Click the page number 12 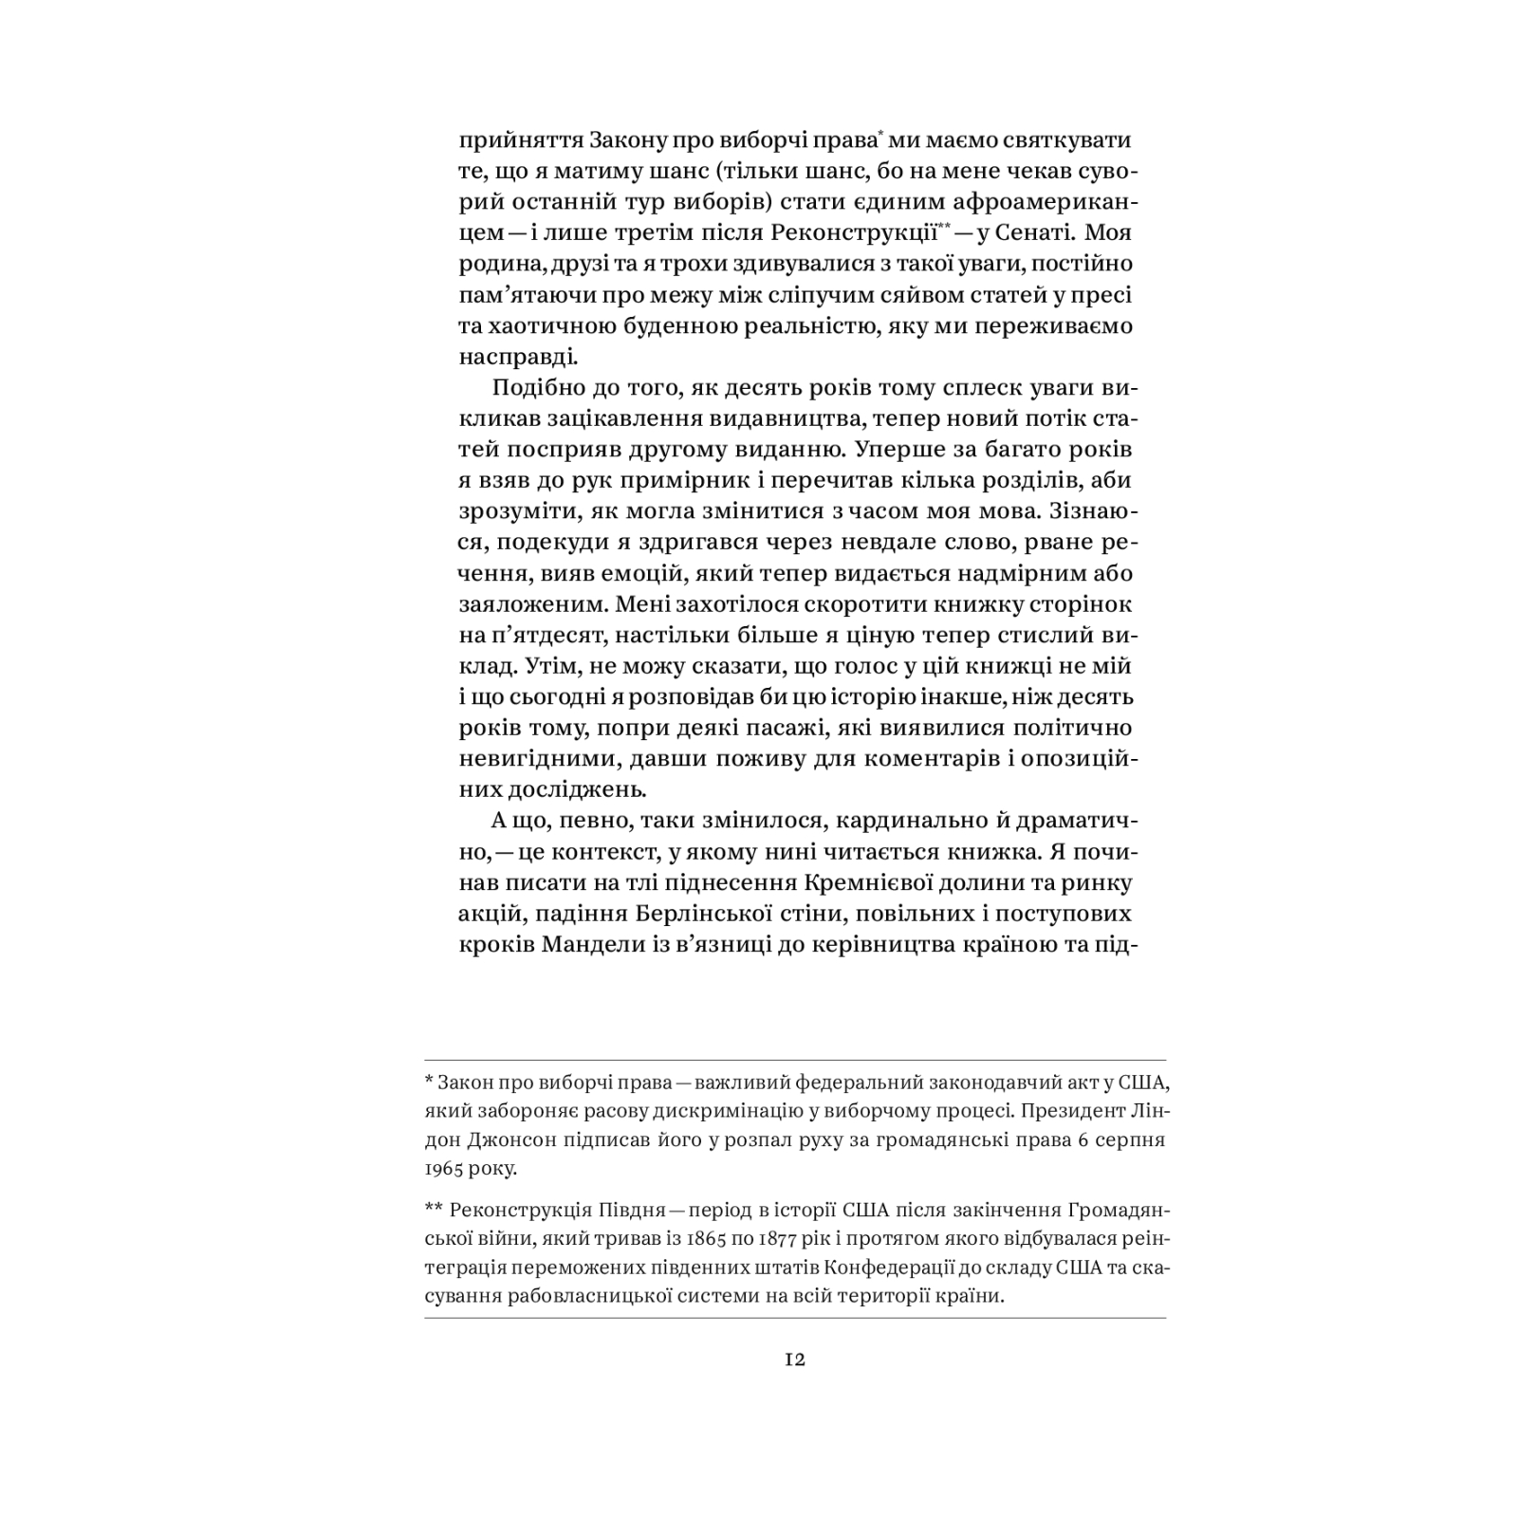click(795, 1360)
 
